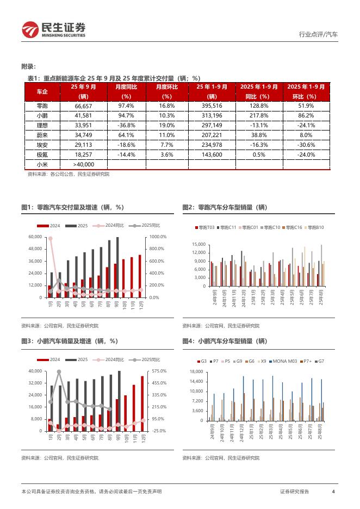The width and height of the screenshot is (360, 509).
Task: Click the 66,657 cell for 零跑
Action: [x=83, y=105]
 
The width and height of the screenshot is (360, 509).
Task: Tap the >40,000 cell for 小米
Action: [x=83, y=164]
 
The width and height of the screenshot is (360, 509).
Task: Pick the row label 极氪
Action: [x=42, y=154]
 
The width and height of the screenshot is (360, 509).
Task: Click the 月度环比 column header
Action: [x=167, y=91]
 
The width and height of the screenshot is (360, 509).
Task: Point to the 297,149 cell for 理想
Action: [x=211, y=125]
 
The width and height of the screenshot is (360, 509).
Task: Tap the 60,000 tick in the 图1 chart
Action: [x=34, y=237]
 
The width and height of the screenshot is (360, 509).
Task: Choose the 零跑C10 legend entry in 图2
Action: [x=270, y=227]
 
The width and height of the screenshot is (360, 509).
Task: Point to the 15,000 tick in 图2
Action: [x=197, y=244]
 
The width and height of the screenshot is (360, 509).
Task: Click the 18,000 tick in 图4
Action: [x=197, y=372]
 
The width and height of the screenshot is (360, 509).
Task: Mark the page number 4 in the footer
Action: [x=332, y=492]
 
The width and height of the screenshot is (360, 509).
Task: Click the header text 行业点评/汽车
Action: [x=318, y=34]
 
